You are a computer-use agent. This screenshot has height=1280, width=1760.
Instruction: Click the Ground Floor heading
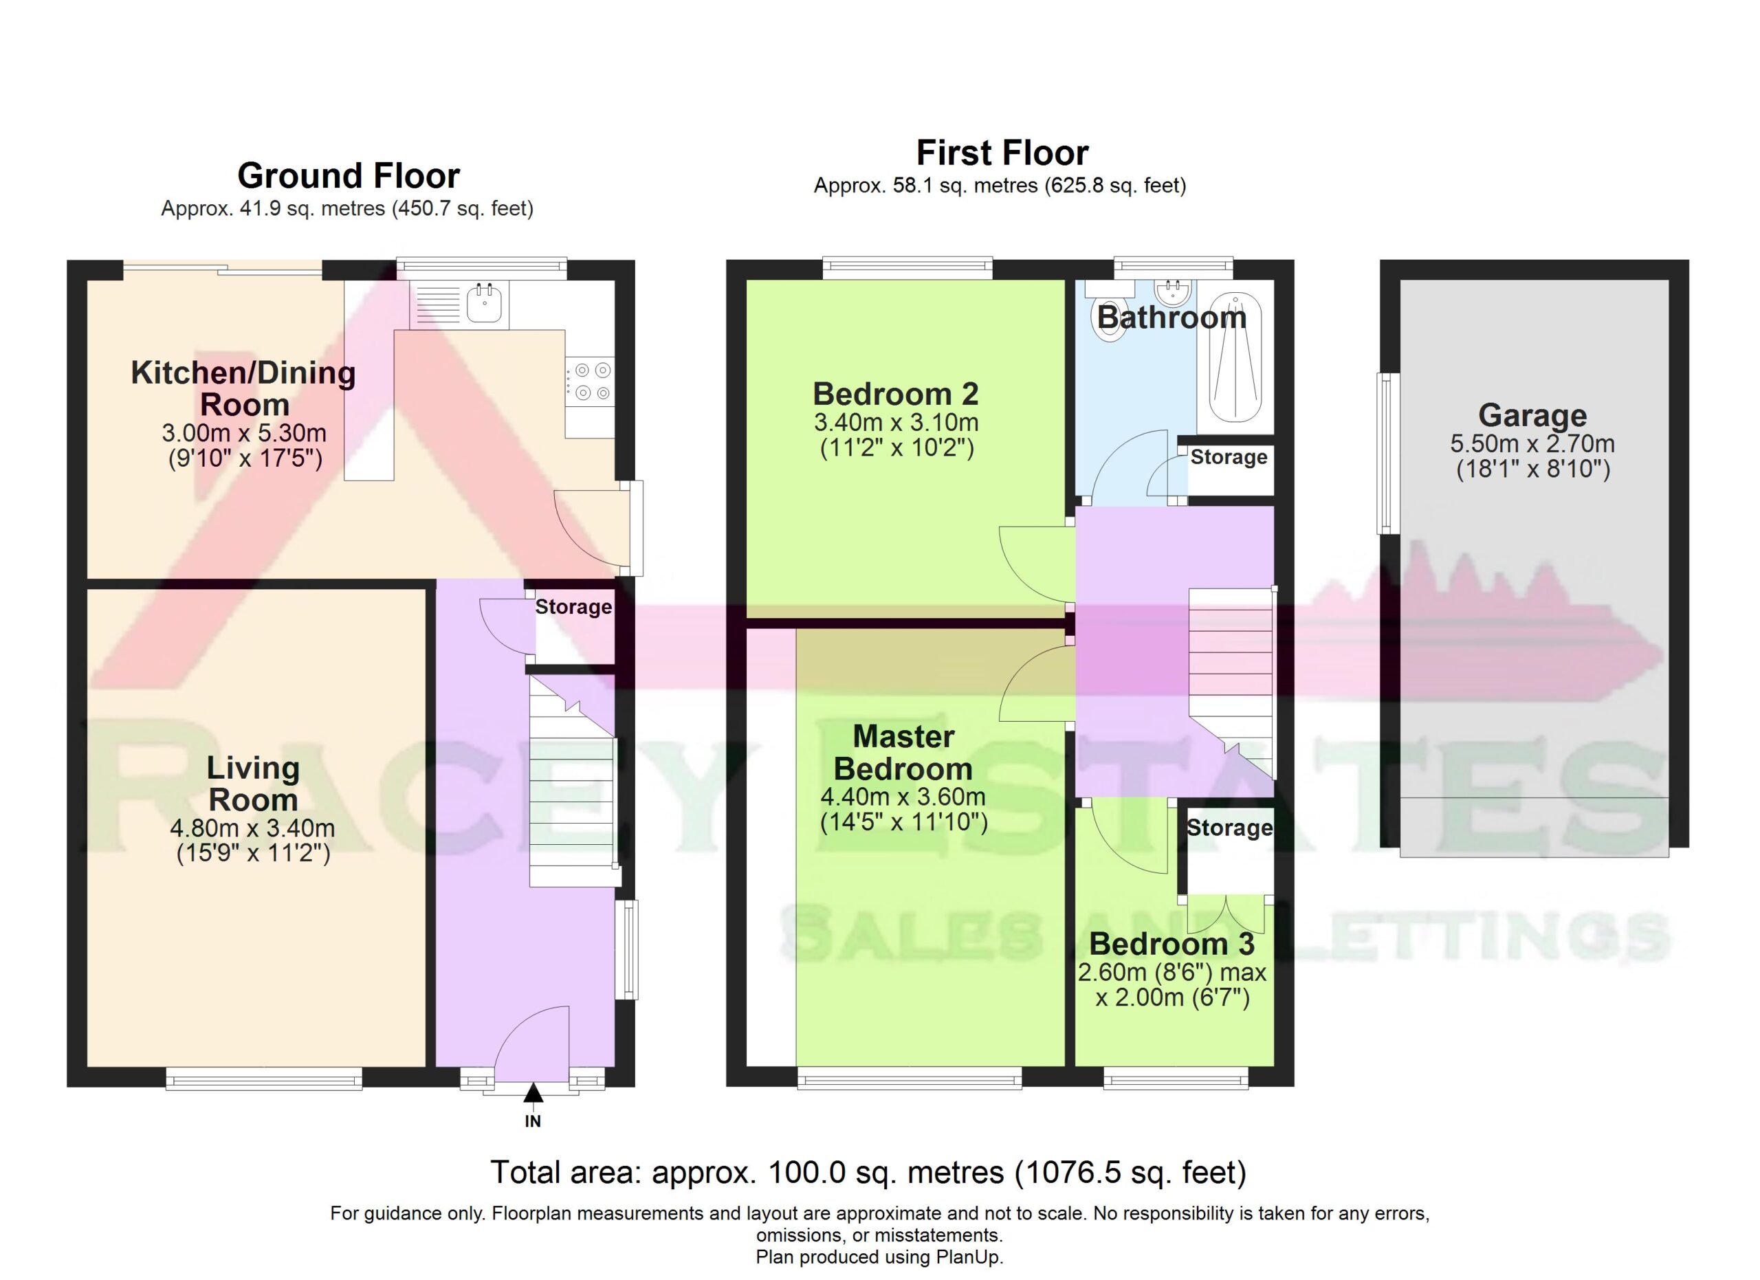click(x=349, y=176)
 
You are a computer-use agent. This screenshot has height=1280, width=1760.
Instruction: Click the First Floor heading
click(x=1002, y=153)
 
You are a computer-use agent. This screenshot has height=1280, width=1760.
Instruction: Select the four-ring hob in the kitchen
click(x=590, y=382)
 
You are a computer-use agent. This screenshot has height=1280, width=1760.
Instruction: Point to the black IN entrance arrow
click(x=532, y=1093)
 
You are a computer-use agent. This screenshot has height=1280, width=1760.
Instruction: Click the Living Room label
click(x=253, y=784)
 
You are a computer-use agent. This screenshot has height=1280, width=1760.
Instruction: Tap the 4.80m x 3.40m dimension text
click(x=253, y=828)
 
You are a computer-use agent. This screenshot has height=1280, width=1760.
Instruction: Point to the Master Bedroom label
click(x=903, y=753)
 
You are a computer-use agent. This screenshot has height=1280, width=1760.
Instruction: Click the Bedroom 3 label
click(x=1171, y=944)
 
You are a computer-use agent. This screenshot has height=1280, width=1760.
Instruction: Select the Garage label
click(x=1532, y=415)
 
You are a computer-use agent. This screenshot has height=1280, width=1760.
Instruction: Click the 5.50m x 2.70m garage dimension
click(x=1532, y=443)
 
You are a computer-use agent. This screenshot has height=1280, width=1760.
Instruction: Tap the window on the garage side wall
click(x=1387, y=454)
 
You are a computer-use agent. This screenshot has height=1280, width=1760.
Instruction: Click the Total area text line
click(x=868, y=1172)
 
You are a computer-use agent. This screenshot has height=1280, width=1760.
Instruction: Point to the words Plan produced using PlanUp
click(x=879, y=1257)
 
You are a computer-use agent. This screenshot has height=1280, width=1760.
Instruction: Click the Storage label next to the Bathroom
click(x=1229, y=457)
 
